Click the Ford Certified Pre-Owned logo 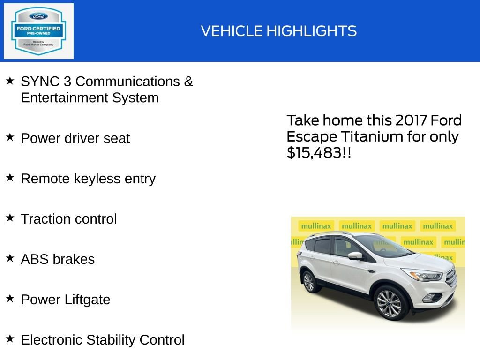point(38,31)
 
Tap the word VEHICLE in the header point(232,31)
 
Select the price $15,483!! point(319,153)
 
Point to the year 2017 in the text point(411,120)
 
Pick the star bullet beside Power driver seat point(10,137)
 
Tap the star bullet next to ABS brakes point(10,258)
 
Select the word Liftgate point(89,300)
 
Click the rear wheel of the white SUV point(309,281)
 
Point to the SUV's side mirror point(355,255)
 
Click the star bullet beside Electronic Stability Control point(10,338)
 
